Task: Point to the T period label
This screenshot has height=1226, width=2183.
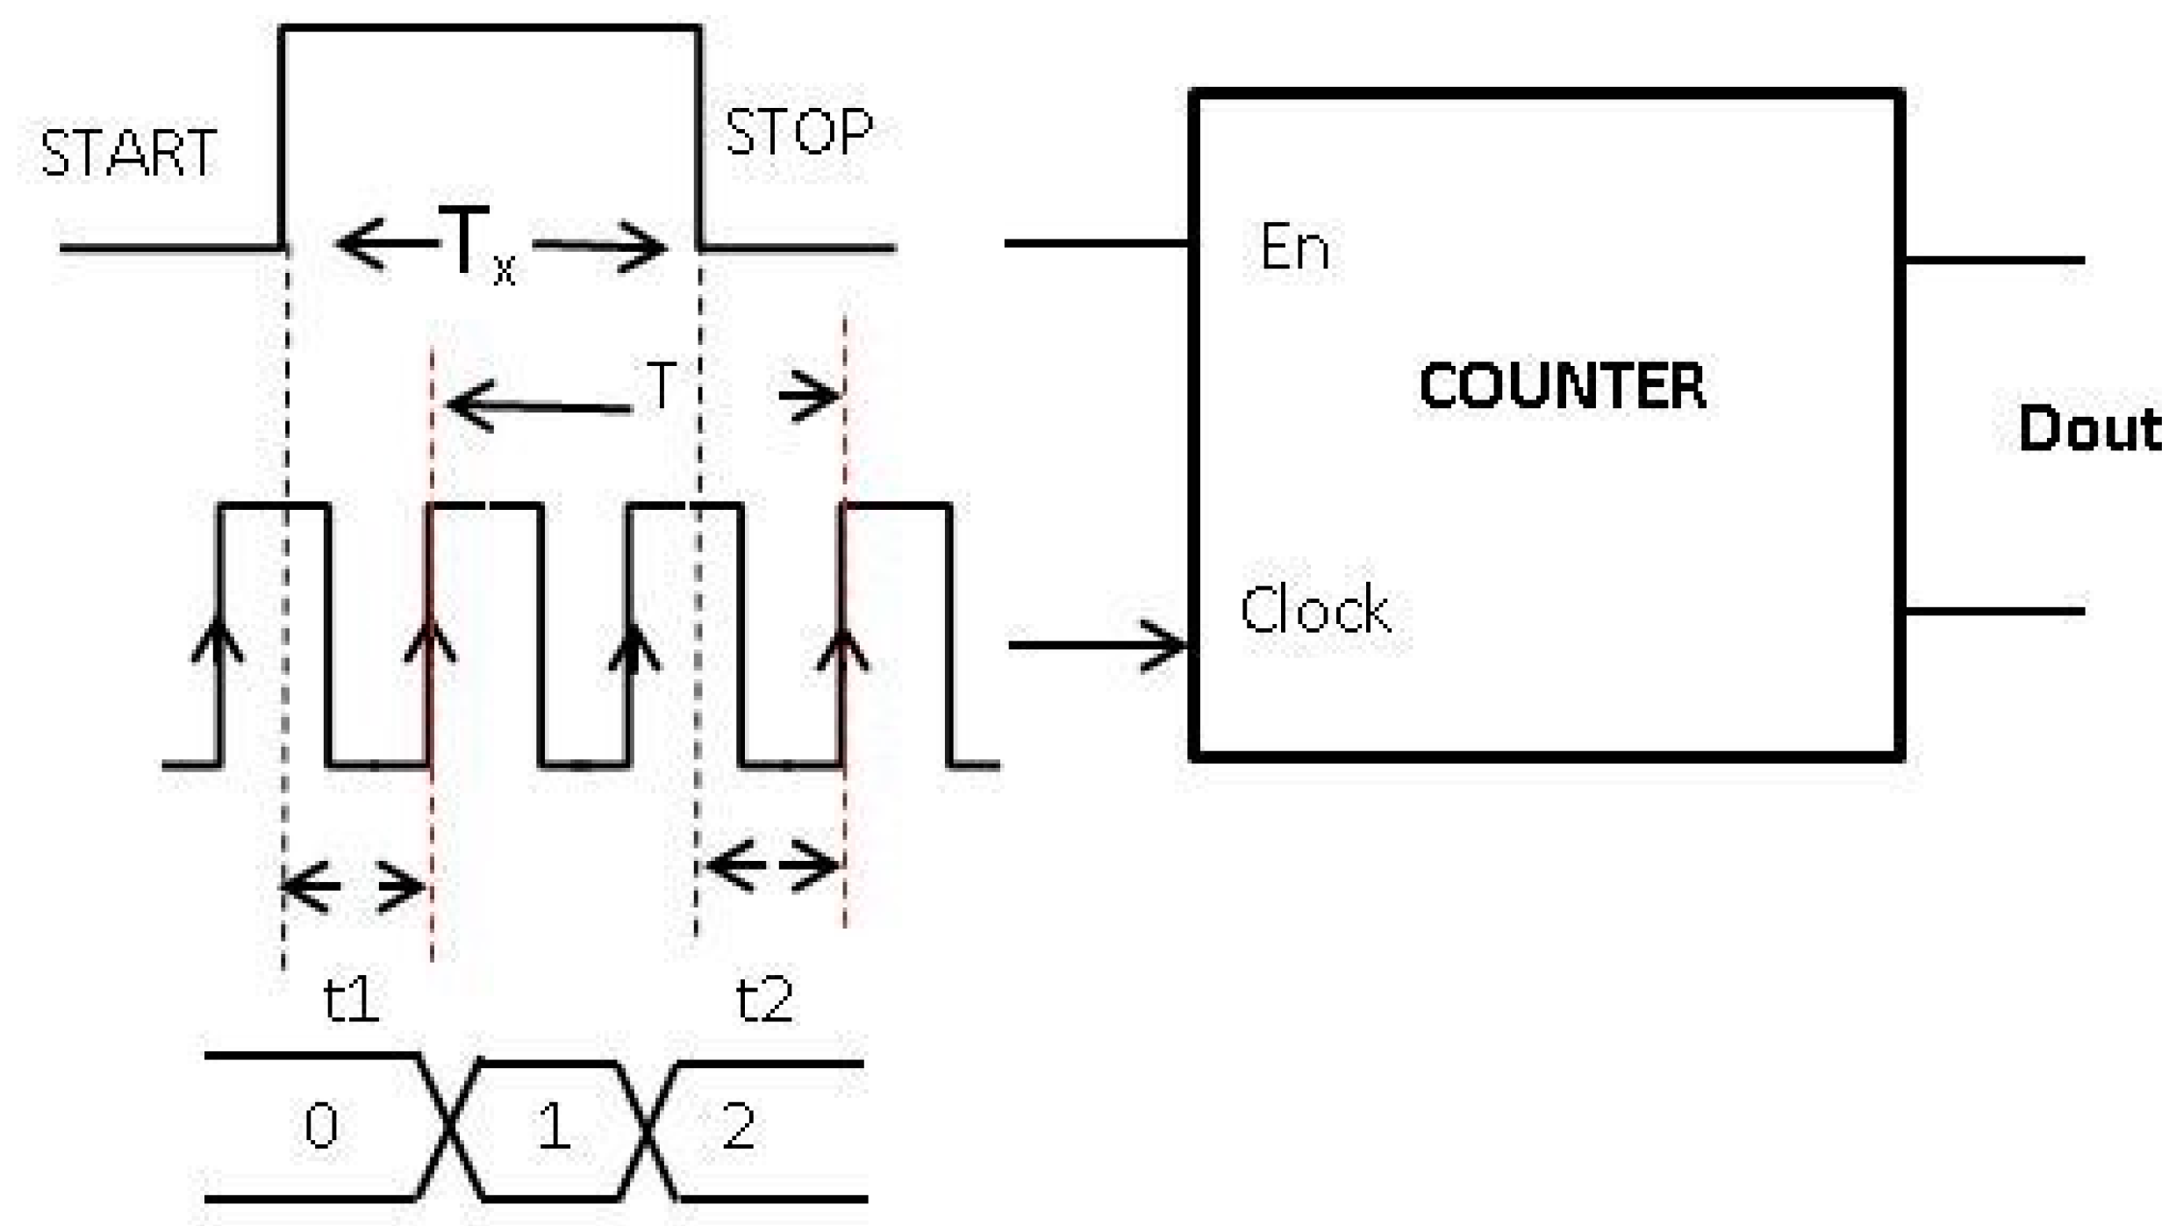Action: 662,386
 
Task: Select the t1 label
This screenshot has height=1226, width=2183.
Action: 351,999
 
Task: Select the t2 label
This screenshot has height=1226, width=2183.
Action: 764,999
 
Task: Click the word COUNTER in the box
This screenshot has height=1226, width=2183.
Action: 1562,386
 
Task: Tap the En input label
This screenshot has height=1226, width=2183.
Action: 1293,248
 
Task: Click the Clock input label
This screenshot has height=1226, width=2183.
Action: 1314,610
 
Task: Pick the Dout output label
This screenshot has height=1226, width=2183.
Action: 2088,429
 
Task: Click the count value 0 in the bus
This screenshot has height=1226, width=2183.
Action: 321,1126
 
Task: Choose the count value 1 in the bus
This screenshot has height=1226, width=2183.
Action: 553,1126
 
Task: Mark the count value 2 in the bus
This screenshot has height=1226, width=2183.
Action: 739,1126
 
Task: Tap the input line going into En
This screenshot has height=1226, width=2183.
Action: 1097,243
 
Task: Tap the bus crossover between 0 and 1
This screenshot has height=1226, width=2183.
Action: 450,1126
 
